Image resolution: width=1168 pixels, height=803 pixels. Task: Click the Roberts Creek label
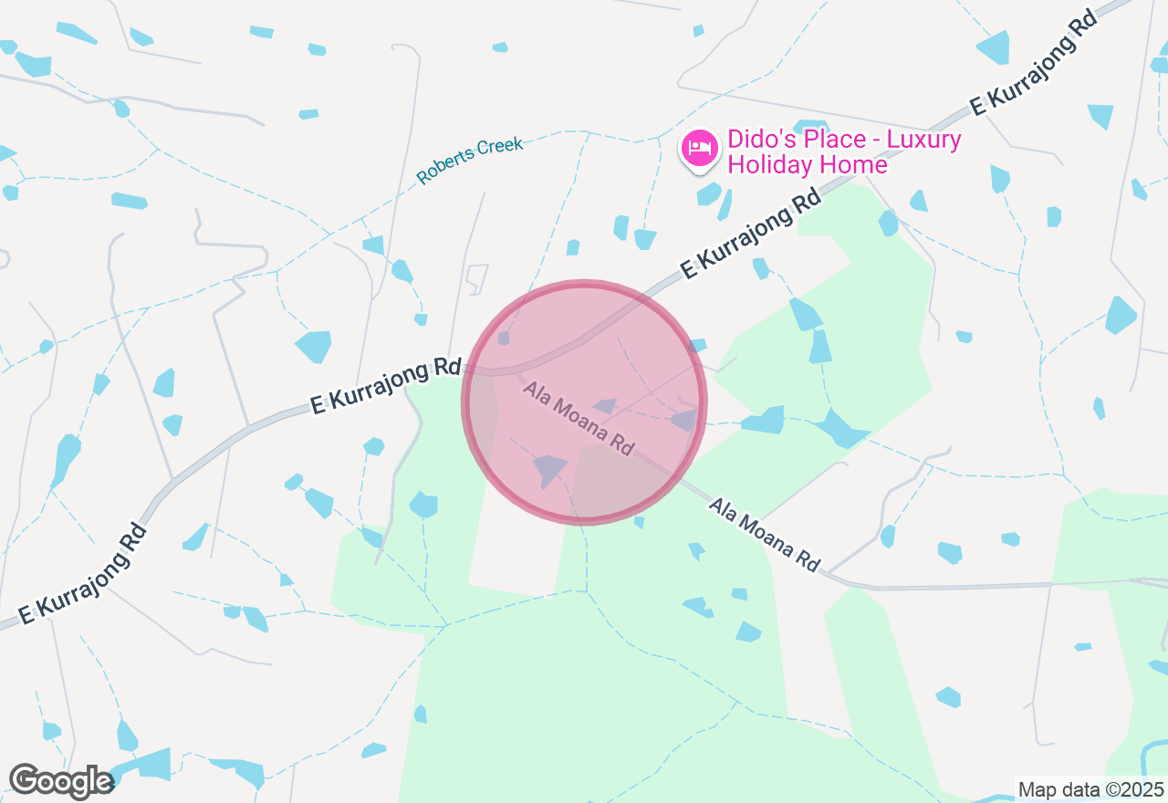(x=471, y=161)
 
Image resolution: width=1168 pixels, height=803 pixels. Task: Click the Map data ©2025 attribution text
(x=1090, y=789)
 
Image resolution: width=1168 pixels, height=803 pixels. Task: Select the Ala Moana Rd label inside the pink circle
(x=579, y=419)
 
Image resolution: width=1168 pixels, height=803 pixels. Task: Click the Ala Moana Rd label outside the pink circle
(x=765, y=535)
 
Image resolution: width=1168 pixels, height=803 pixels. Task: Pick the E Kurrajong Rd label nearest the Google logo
(x=82, y=575)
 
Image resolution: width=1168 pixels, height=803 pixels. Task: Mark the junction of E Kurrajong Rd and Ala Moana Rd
(x=516, y=371)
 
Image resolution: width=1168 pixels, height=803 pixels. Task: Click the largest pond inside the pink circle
(x=550, y=469)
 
